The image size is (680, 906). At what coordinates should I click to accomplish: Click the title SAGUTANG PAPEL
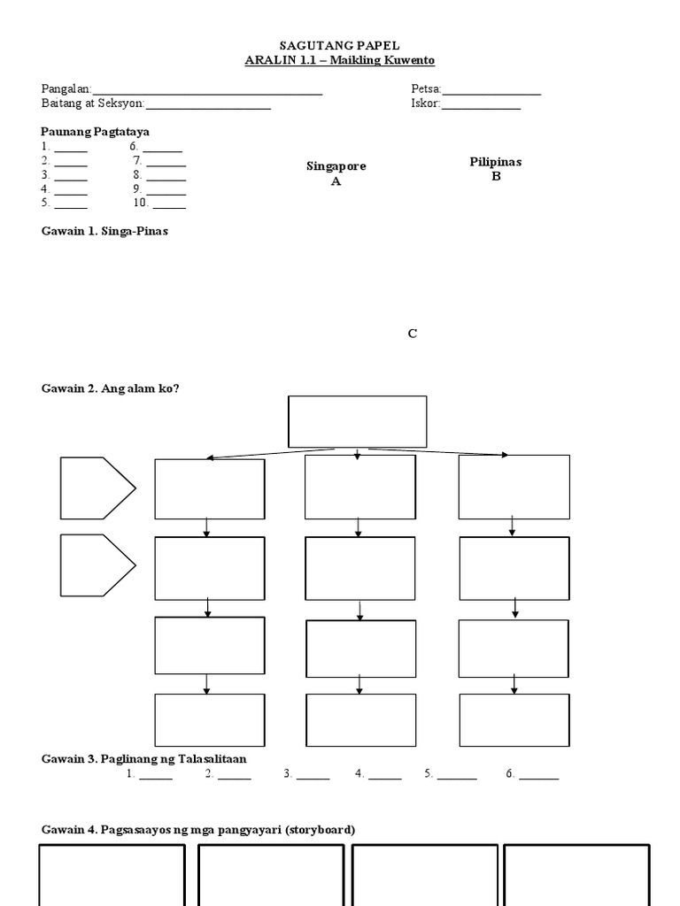coord(339,45)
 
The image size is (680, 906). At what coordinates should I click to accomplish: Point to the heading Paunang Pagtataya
coord(96,131)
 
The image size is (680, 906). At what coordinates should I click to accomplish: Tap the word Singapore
coord(336,166)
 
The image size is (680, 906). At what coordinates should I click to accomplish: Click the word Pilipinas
coord(496,162)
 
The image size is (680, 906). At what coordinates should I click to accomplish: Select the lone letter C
coord(412,334)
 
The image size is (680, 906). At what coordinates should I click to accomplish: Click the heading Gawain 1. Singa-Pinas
coord(104,230)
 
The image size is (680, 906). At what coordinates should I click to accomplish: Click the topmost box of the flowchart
coord(357,421)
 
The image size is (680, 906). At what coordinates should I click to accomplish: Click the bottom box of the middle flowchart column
coord(360,720)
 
